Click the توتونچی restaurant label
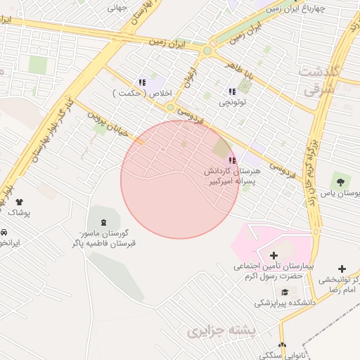pos(233,103)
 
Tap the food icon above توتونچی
pos(232,91)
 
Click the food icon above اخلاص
pos(143,82)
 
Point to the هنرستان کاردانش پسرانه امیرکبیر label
pos(231,176)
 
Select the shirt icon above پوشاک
pos(19,202)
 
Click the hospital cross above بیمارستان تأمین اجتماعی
pos(274,255)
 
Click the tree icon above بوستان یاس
pos(345,181)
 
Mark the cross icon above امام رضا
pos(342,269)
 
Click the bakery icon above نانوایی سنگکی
pos(282,345)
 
